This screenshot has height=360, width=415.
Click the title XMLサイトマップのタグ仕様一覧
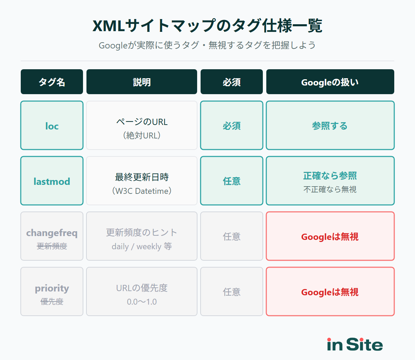pos(207,26)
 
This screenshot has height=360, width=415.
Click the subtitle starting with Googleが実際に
pos(207,45)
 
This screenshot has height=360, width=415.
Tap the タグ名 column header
pos(52,82)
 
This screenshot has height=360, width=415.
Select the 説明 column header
pos(142,82)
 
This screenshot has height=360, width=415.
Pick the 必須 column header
pos(232,82)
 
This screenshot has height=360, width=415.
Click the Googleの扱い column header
pos(330,82)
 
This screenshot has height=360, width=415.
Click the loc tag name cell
pos(52,126)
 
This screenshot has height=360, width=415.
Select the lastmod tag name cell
pos(52,181)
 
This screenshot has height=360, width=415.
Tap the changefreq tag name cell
pos(52,236)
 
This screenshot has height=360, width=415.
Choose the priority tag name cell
pos(52,292)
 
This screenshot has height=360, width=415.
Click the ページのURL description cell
pos(142,126)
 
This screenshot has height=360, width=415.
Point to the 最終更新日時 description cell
pos(142,181)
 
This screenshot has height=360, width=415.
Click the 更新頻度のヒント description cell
pos(142,236)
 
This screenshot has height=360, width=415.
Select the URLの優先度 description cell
pos(142,292)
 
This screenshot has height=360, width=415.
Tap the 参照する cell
pos(330,126)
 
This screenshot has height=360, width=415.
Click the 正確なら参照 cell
pos(330,181)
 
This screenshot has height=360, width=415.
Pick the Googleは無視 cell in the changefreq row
pos(330,236)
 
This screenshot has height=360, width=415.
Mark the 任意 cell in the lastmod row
pos(232,181)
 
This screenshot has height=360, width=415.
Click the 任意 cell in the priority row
pos(232,292)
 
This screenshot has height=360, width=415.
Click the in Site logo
pos(355,344)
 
